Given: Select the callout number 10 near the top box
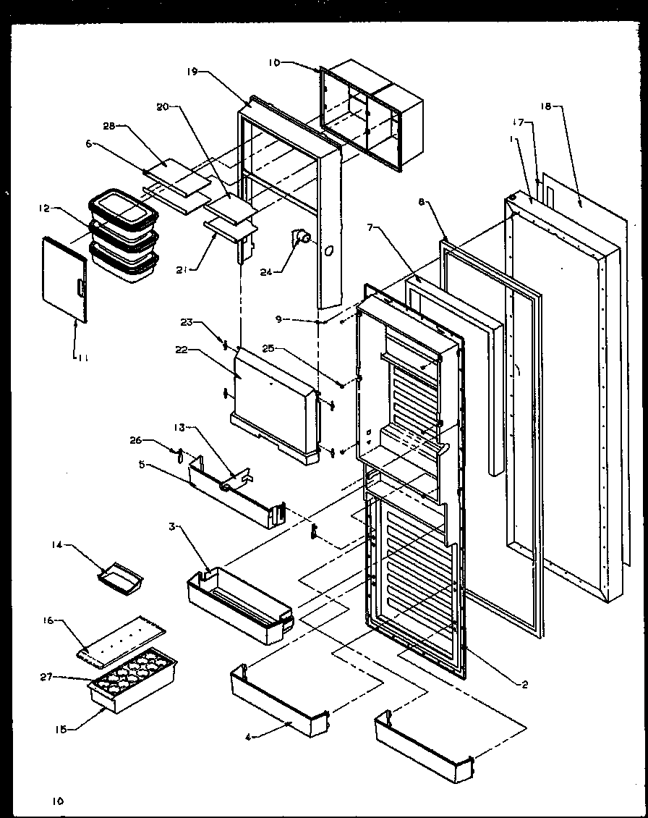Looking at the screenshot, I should [274, 63].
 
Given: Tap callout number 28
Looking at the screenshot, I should [108, 125].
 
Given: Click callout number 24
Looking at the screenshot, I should [266, 273].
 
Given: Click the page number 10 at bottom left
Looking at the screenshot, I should [57, 801].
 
